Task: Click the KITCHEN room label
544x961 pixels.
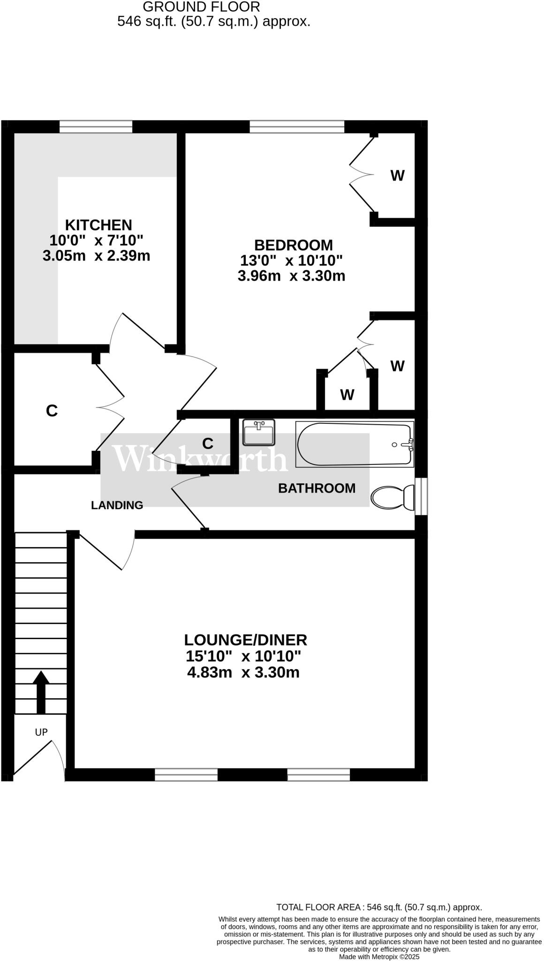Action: (x=98, y=225)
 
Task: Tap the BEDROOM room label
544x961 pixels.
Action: (x=293, y=245)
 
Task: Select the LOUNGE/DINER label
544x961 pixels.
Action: (x=245, y=640)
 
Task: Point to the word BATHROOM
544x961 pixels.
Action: (x=317, y=488)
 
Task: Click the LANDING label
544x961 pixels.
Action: (x=117, y=505)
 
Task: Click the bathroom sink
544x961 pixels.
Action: (x=258, y=432)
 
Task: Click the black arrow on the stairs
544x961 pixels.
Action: (x=41, y=692)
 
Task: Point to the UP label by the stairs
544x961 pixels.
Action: (x=41, y=732)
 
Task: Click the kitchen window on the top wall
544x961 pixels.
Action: (x=96, y=127)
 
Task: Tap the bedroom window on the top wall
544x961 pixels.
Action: (x=297, y=127)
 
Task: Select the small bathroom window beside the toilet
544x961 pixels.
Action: (x=421, y=496)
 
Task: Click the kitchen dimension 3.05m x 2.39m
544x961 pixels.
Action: (x=96, y=256)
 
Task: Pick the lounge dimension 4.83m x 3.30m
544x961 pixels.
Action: (x=243, y=672)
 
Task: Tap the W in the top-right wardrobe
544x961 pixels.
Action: (x=397, y=176)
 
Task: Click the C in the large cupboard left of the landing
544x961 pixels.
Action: (x=52, y=411)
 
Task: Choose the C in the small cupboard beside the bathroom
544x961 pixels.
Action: (x=207, y=443)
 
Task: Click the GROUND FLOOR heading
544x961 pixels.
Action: (x=201, y=7)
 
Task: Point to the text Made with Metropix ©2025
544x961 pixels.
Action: (x=379, y=957)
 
